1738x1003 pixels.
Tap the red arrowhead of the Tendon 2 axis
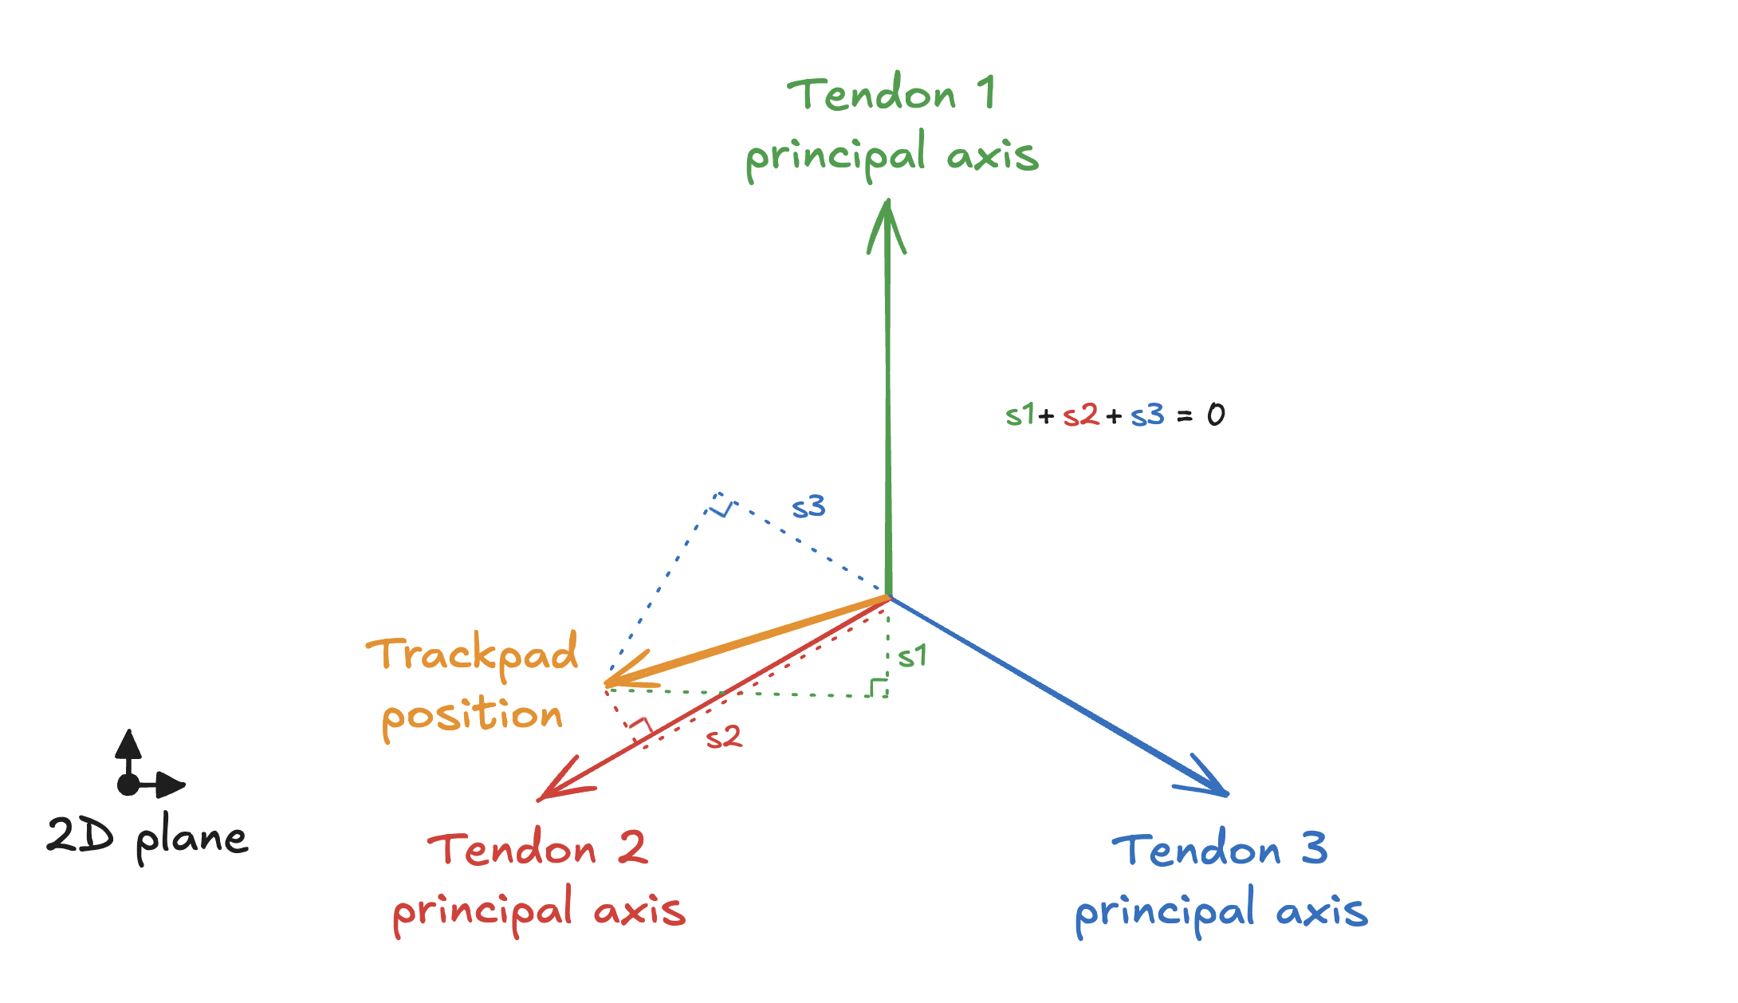point(562,781)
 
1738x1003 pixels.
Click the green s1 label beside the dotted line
point(912,656)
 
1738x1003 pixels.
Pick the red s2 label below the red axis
point(724,737)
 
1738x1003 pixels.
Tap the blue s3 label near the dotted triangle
point(808,507)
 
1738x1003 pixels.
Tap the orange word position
point(473,715)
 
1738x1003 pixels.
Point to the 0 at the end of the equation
point(1216,415)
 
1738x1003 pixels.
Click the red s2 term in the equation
point(1081,415)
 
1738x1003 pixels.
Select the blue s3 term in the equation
point(1147,415)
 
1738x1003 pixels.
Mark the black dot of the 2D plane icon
point(128,785)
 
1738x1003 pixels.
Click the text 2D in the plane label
point(80,836)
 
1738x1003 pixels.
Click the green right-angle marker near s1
point(878,686)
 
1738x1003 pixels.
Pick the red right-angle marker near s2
point(640,728)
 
